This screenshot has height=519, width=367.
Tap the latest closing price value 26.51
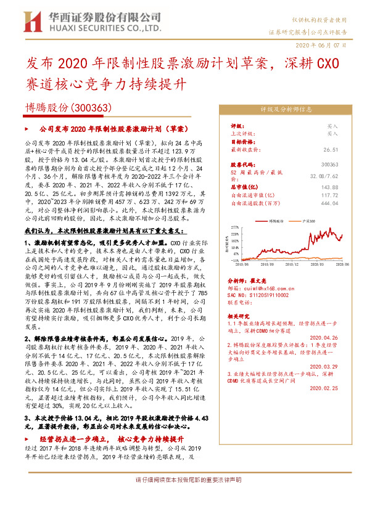(x=330, y=149)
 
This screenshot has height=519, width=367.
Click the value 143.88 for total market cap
(x=329, y=187)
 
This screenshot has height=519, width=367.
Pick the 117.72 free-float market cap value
(x=329, y=195)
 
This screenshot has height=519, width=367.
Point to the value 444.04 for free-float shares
(x=329, y=202)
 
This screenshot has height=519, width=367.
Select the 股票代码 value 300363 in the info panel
(x=330, y=165)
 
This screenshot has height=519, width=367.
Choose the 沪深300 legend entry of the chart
(x=308, y=219)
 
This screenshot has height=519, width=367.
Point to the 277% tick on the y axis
(x=236, y=227)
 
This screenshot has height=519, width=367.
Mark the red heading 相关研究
(x=241, y=314)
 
